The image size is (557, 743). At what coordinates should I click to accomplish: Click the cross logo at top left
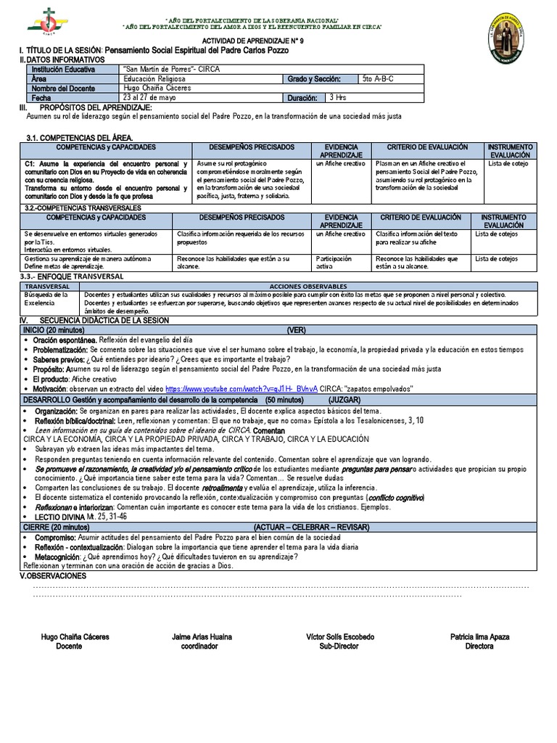(46, 22)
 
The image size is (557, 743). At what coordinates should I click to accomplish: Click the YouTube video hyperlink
(242, 389)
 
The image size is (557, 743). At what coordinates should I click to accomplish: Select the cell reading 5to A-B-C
(378, 78)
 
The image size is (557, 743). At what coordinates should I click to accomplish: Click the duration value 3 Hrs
(339, 97)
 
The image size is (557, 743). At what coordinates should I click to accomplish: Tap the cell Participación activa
(334, 262)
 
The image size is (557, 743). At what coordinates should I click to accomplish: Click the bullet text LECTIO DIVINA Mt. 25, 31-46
(81, 517)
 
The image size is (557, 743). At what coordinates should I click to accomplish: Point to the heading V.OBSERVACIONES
(52, 575)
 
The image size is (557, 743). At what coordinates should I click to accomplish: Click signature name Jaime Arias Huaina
(202, 636)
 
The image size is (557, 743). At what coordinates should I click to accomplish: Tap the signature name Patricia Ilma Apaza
(479, 636)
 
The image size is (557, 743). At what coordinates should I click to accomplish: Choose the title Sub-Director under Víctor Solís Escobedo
(340, 646)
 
